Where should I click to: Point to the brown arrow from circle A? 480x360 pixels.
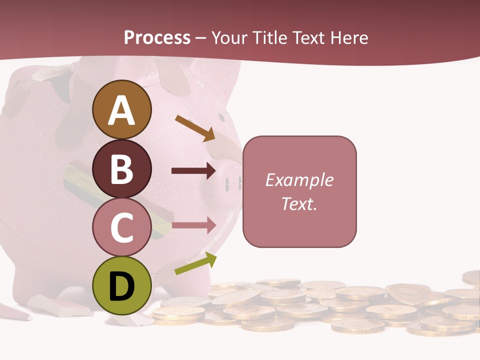tap(195, 128)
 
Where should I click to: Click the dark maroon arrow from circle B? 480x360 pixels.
tap(193, 171)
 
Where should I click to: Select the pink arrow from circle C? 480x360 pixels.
tap(193, 225)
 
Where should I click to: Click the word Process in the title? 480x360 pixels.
tap(157, 38)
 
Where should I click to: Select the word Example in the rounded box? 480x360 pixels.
tap(299, 180)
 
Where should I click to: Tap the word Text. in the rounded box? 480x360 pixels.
tap(299, 203)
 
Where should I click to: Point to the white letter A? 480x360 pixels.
tap(122, 110)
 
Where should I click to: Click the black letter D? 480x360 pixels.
tap(122, 286)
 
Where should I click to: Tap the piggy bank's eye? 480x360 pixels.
tap(220, 117)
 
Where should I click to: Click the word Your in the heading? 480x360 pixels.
tap(229, 38)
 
